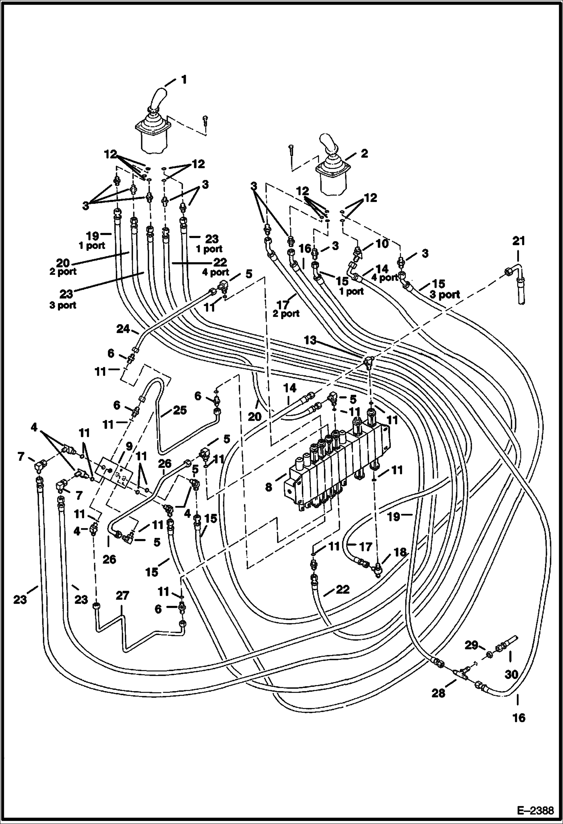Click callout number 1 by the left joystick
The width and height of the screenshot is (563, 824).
(x=184, y=79)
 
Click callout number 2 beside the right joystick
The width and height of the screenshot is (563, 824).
(x=364, y=153)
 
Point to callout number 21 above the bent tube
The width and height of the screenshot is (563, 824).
(x=519, y=241)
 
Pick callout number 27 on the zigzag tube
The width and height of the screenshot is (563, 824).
(x=123, y=595)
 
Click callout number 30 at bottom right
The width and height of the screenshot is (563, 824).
(x=511, y=675)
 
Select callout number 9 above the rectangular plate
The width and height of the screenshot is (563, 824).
(x=129, y=446)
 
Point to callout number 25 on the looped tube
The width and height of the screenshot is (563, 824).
(x=180, y=410)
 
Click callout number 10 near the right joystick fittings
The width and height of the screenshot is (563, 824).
(x=382, y=244)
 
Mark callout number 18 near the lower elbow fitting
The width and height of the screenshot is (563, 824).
(x=400, y=552)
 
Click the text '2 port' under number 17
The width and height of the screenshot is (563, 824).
(x=286, y=313)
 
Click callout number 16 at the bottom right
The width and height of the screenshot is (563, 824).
(x=519, y=718)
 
